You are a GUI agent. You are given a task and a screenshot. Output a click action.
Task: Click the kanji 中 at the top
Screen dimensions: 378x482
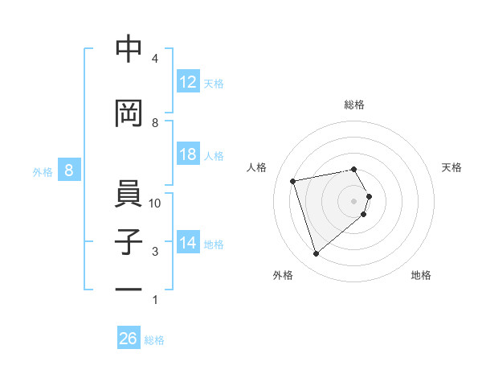tap(129, 50)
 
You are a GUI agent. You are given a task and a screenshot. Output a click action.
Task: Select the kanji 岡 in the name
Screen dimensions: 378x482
tap(129, 114)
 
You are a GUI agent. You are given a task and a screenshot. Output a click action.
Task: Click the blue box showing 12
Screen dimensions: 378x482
tap(188, 82)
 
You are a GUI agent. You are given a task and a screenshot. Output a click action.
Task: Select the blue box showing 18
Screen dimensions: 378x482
tap(188, 154)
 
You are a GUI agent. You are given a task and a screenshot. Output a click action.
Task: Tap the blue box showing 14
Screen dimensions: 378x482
tap(188, 243)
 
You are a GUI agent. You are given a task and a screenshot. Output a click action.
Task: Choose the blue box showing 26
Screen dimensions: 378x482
tap(129, 339)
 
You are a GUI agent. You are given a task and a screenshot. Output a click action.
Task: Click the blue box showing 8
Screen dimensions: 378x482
tap(69, 171)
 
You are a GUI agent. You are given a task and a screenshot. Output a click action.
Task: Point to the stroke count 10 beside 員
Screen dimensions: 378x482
tap(155, 203)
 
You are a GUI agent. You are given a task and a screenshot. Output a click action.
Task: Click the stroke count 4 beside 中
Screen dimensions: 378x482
tap(155, 59)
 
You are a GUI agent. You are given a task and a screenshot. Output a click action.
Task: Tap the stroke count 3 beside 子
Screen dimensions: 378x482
tap(155, 252)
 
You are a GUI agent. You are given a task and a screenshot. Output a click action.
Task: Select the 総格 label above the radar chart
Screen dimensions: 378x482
tap(354, 105)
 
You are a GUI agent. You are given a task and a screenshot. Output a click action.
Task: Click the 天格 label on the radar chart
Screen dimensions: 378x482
tap(451, 167)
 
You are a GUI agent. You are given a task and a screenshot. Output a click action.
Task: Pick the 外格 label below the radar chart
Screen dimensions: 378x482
tap(283, 275)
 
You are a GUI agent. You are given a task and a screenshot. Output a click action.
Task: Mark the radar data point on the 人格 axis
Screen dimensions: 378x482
tap(293, 180)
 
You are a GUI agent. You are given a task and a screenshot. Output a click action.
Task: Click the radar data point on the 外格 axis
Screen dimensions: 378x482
tap(317, 253)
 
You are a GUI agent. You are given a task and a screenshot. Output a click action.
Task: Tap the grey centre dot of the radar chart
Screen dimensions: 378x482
tap(353, 200)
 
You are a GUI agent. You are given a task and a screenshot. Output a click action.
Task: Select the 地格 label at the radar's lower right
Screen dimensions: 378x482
tap(421, 275)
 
